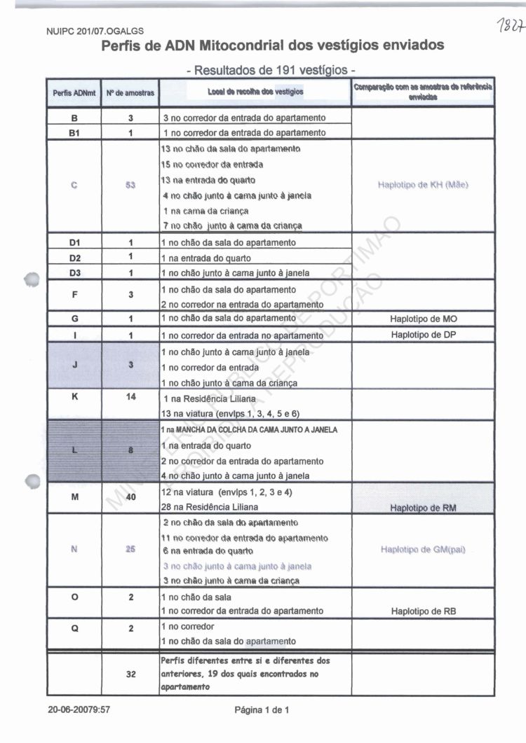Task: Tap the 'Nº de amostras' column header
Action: click(130, 92)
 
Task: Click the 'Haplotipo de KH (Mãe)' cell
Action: click(422, 185)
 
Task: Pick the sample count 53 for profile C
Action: click(130, 186)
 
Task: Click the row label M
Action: click(74, 498)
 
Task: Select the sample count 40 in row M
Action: click(130, 499)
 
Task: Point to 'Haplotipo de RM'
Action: click(423, 508)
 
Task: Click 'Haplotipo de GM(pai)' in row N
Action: click(423, 550)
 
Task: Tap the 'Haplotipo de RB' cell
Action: click(423, 611)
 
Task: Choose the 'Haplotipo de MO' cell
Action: click(423, 319)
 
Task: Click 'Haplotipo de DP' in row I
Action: click(423, 335)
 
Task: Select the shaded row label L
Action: click(74, 450)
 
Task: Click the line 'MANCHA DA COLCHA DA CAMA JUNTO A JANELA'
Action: click(256, 429)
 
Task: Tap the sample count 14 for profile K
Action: click(130, 396)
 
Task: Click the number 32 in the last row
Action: click(130, 674)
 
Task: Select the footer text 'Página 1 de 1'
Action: click(262, 710)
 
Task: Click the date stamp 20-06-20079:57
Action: click(79, 710)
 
